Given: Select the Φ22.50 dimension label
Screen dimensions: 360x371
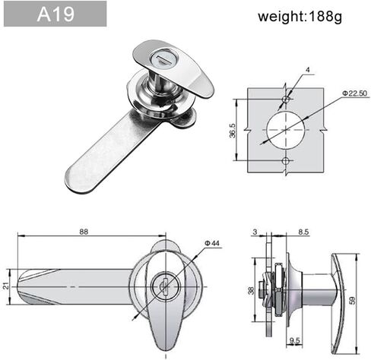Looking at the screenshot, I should click(x=354, y=93).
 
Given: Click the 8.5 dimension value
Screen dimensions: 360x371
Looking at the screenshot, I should click(x=303, y=232).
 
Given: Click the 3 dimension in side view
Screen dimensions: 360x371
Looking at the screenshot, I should click(x=256, y=232).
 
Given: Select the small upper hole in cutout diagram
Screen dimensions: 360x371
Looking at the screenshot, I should click(x=286, y=99).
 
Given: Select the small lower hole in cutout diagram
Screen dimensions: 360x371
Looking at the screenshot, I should click(x=286, y=161).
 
